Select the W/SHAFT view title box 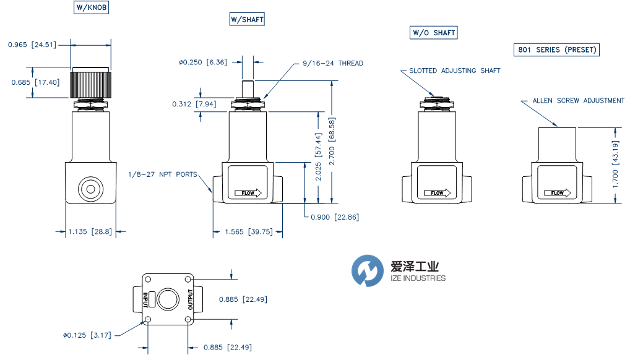(247, 20)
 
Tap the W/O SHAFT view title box (434, 33)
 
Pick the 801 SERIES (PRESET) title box (557, 50)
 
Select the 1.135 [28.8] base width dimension (91, 232)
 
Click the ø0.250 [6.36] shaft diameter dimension (202, 62)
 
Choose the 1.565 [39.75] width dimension (248, 232)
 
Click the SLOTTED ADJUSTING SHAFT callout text (454, 71)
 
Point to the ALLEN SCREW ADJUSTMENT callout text (579, 101)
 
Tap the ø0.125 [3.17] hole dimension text (88, 335)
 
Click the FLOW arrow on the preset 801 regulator (557, 193)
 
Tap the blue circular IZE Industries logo (368, 271)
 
